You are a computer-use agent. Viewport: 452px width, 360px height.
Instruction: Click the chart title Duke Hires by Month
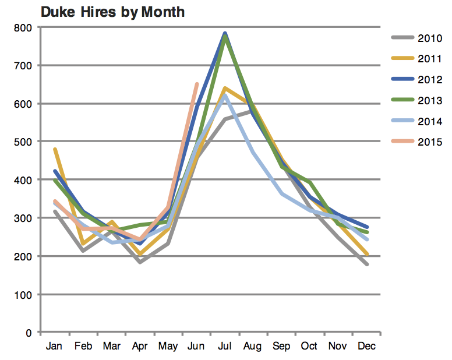pyautogui.click(x=112, y=12)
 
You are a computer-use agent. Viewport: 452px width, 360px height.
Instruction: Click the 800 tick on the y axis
pyautogui.click(x=23, y=27)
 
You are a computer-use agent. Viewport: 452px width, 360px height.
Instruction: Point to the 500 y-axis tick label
pyautogui.click(x=23, y=142)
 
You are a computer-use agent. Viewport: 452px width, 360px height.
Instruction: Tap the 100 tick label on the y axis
pyautogui.click(x=23, y=294)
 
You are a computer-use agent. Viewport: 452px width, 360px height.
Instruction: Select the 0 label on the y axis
pyautogui.click(x=27, y=333)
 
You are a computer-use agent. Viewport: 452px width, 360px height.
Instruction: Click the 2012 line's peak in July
pyautogui.click(x=225, y=34)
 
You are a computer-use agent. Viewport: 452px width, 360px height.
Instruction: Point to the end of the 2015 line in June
pyautogui.click(x=196, y=84)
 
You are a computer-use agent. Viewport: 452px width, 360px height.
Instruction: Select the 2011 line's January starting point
pyautogui.click(x=55, y=149)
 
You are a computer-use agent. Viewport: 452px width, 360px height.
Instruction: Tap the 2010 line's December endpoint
pyautogui.click(x=366, y=264)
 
